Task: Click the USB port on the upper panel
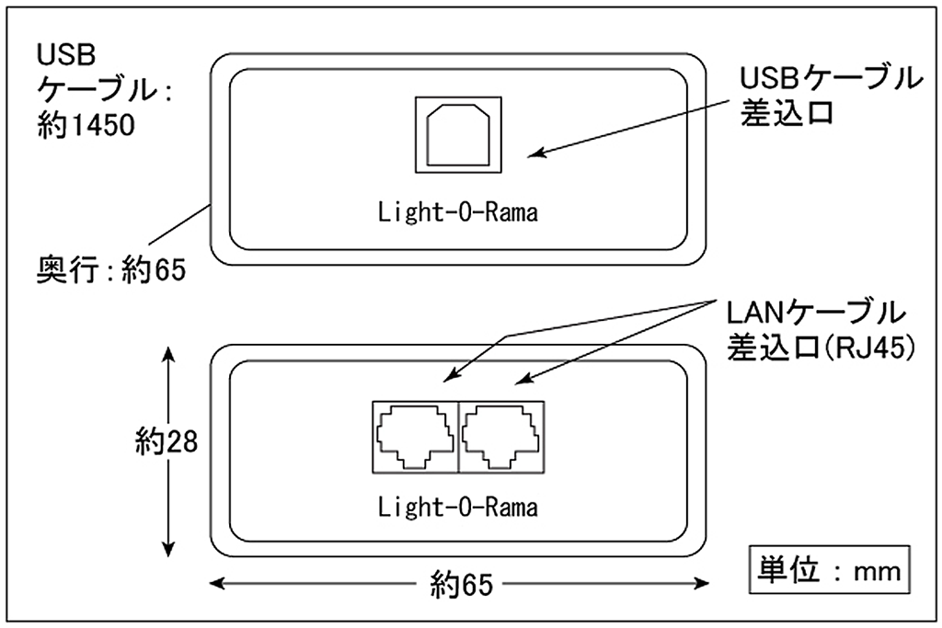click(457, 133)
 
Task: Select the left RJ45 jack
click(414, 435)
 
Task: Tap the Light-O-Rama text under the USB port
click(457, 213)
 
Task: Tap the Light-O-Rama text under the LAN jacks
click(457, 506)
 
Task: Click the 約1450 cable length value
click(86, 123)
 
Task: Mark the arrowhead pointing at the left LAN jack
click(449, 377)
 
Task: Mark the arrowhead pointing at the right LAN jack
click(518, 379)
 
